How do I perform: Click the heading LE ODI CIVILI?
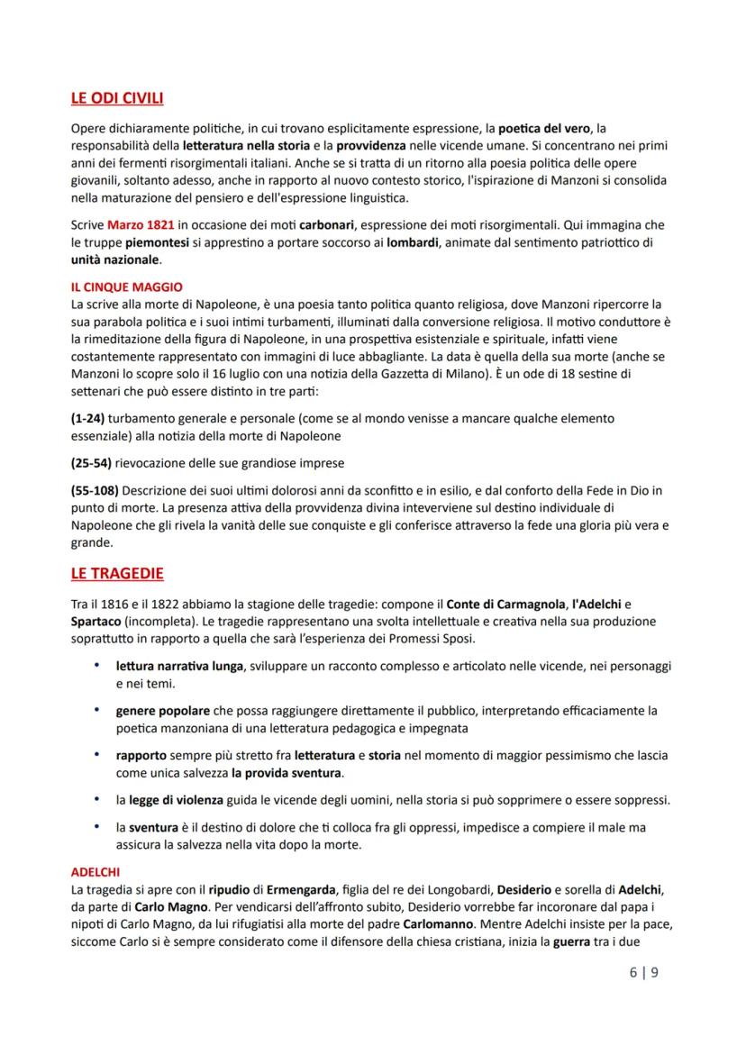click(116, 98)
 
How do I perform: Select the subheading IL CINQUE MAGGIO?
click(126, 287)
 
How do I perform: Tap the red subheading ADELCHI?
click(96, 872)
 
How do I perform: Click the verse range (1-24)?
click(88, 419)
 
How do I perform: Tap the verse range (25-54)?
click(91, 463)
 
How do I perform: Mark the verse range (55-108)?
click(94, 490)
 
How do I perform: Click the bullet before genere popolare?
click(96, 710)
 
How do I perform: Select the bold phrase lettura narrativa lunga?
click(178, 666)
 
